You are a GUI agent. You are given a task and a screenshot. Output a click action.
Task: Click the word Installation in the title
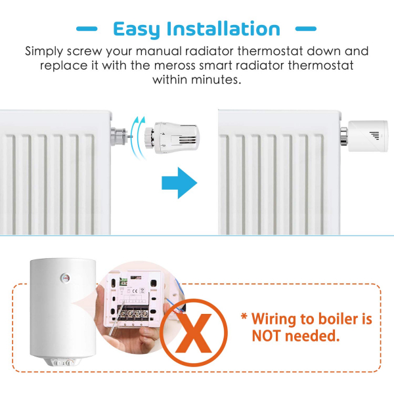tap(223, 29)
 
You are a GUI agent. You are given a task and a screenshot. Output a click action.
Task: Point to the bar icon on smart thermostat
tap(374, 136)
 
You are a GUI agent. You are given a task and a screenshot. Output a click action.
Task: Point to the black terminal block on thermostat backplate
tap(135, 314)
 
